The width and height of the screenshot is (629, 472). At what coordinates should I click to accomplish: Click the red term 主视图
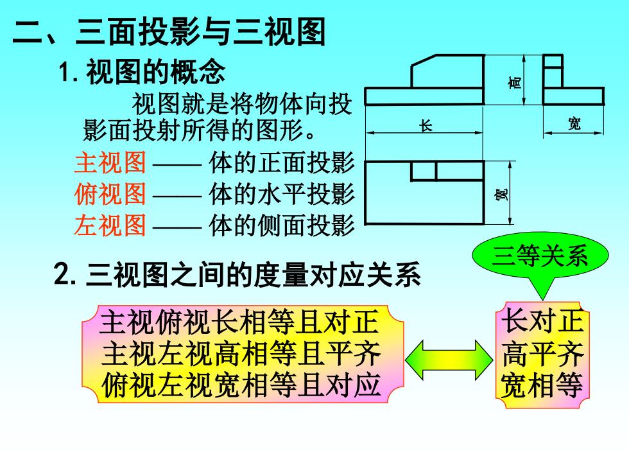click(x=110, y=162)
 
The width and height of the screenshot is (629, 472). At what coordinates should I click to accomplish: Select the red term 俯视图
click(x=110, y=194)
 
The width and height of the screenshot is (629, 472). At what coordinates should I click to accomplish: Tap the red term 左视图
click(x=110, y=225)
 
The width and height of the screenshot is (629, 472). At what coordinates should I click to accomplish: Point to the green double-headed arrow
click(x=449, y=360)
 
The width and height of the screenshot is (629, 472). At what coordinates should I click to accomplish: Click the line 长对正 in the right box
click(x=542, y=320)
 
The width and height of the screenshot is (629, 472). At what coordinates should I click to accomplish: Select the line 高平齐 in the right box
click(x=542, y=353)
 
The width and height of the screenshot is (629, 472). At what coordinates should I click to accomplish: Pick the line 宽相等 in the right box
click(x=542, y=385)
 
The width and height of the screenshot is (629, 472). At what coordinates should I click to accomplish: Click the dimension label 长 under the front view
click(x=426, y=127)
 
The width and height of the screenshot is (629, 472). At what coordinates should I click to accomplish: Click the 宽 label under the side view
click(x=574, y=123)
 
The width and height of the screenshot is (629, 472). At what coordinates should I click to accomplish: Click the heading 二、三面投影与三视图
click(x=169, y=31)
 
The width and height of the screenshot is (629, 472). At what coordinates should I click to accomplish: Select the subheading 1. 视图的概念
click(x=142, y=72)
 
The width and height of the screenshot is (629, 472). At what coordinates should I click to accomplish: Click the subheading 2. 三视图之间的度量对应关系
click(x=237, y=275)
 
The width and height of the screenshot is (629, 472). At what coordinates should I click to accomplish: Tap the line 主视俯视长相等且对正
click(x=239, y=322)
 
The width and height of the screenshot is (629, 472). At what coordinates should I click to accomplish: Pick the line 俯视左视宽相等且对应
click(x=241, y=385)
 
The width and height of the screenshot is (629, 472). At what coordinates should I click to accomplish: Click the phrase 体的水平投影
click(x=282, y=194)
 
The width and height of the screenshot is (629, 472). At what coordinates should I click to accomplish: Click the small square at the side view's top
click(x=553, y=61)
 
